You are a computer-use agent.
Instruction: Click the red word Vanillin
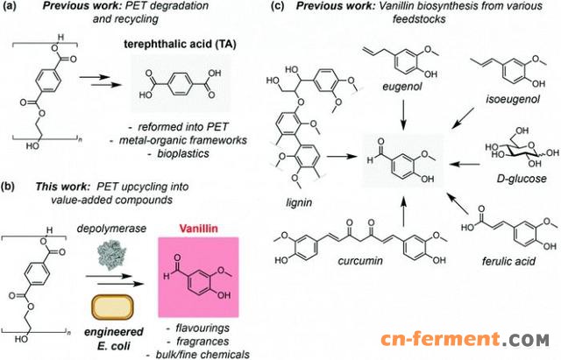click(199, 229)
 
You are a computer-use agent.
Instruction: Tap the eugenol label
click(402, 86)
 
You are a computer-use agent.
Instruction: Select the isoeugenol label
click(513, 99)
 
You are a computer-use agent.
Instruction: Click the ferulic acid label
click(508, 261)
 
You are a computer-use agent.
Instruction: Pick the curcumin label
click(360, 261)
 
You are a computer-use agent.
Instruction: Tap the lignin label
click(299, 202)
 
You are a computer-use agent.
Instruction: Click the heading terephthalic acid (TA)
click(180, 44)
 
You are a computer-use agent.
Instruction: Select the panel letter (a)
click(9, 6)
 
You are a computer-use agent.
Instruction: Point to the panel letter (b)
click(9, 187)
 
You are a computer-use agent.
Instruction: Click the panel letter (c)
click(281, 6)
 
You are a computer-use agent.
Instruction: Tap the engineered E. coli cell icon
click(112, 307)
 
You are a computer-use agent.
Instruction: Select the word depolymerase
click(111, 228)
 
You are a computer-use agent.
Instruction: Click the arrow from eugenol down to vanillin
click(403, 115)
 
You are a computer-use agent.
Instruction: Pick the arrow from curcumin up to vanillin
click(403, 211)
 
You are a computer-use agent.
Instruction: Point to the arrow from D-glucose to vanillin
click(465, 164)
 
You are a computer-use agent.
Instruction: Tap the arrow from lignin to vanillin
click(342, 156)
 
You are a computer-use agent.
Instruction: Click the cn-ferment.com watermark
click(465, 339)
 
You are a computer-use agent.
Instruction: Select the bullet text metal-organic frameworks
click(183, 140)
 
